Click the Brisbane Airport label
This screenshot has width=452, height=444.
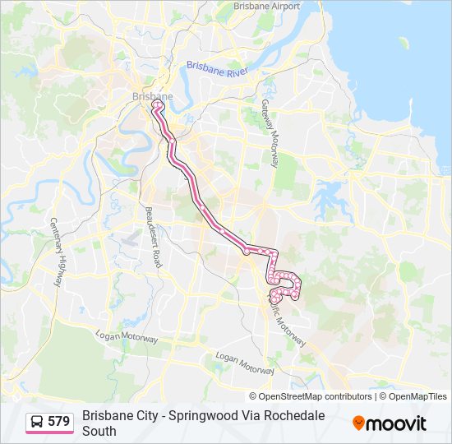tap(266, 6)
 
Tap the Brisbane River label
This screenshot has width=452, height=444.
tap(217, 69)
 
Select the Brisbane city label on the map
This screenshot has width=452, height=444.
tap(152, 96)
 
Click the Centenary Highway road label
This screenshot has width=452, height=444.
tap(57, 252)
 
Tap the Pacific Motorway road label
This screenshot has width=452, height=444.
tap(288, 321)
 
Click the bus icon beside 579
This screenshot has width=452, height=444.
tap(37, 422)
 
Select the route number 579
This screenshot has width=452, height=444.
tap(58, 422)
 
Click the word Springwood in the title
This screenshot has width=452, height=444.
tap(204, 416)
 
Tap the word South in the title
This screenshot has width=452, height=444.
tap(99, 431)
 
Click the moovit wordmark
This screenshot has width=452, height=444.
tap(397, 423)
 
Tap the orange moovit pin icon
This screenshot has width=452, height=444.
tap(358, 423)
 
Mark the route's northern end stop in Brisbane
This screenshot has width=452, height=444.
tap(155, 104)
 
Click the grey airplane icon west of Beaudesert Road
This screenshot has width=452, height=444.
tap(130, 240)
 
